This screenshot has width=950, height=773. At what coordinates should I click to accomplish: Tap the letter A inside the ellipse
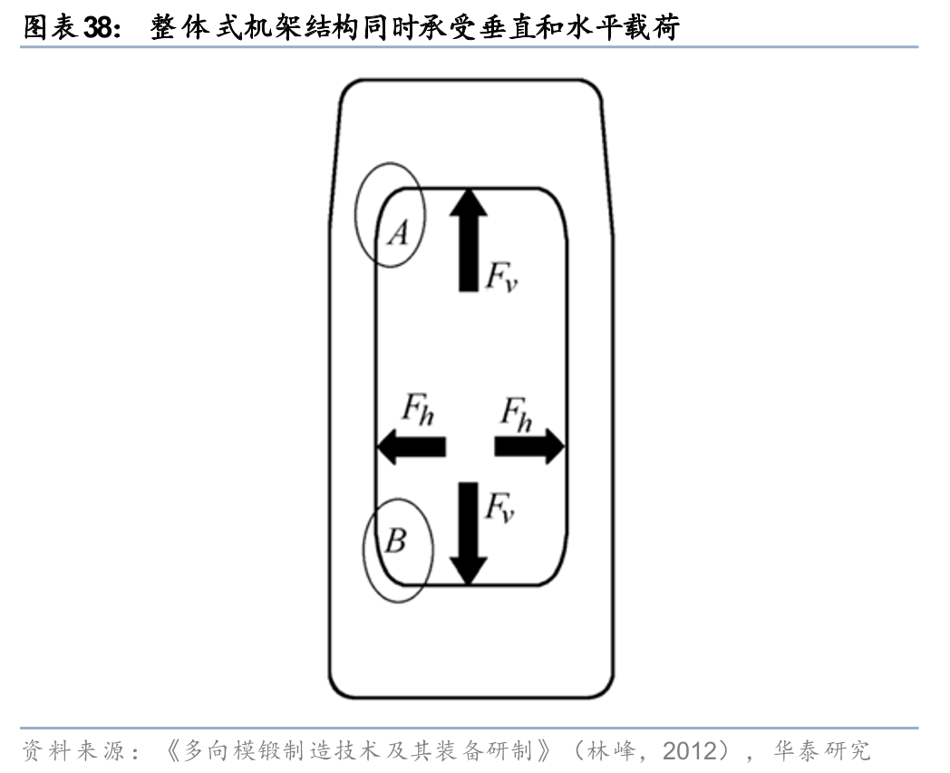(398, 235)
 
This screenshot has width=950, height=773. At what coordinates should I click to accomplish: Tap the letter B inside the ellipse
(395, 542)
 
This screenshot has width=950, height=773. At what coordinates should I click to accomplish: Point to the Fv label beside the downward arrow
(499, 507)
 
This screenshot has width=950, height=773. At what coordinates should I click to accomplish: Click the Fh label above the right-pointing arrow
(518, 412)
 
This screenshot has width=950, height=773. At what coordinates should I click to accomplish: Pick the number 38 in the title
(97, 29)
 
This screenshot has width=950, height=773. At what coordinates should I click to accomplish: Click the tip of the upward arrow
(468, 189)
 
